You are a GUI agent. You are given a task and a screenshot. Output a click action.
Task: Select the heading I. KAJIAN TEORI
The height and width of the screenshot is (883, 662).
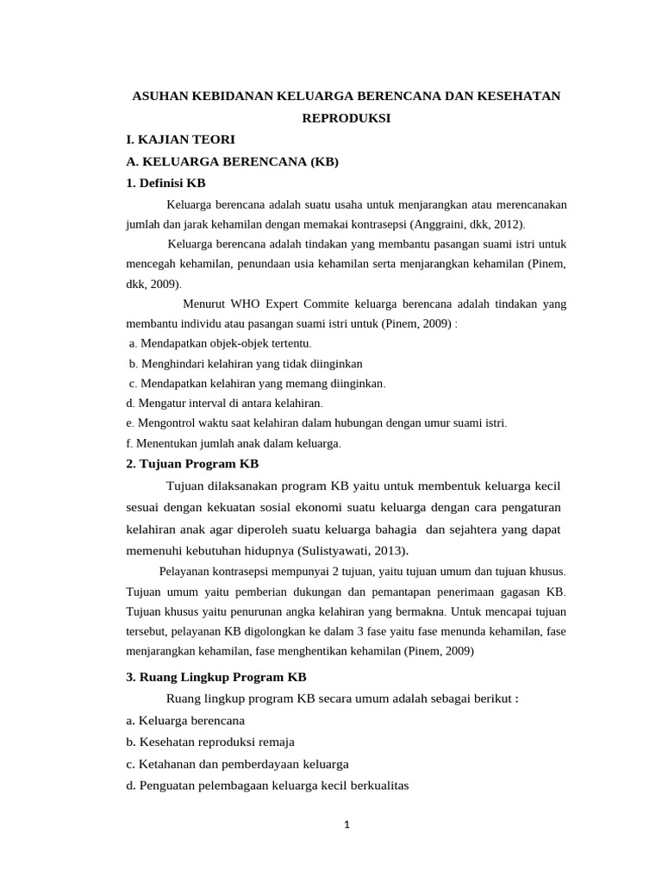(180, 139)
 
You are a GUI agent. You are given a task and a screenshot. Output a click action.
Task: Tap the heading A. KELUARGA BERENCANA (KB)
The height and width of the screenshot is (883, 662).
(232, 161)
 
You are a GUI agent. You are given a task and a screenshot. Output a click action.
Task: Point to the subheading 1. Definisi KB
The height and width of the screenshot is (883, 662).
(165, 183)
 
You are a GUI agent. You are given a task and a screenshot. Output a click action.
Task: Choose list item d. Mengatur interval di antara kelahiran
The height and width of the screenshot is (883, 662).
(224, 403)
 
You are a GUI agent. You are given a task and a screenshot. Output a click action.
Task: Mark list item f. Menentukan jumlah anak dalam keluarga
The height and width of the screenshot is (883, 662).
(234, 443)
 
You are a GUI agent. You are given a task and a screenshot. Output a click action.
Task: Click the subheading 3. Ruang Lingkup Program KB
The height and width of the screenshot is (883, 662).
(215, 677)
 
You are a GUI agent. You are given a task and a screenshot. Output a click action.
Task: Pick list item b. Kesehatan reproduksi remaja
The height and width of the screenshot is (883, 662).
(210, 742)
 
